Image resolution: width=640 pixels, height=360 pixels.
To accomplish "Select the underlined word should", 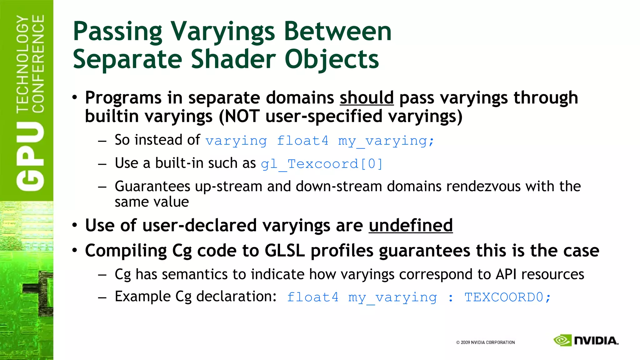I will (367, 98).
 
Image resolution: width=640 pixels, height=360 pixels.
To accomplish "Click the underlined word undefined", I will (410, 226).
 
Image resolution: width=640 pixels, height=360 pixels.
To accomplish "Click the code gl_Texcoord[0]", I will (322, 164).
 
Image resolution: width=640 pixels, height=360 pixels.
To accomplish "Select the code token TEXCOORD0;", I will (507, 297).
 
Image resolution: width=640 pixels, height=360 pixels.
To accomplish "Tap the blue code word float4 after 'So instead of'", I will (302, 141).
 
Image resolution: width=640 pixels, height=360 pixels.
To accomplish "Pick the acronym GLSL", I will (284, 251).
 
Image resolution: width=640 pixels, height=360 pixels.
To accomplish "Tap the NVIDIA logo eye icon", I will (562, 340).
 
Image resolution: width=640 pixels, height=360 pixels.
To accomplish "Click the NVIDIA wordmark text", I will (596, 341).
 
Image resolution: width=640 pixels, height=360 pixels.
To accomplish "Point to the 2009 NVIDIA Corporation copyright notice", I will (485, 342).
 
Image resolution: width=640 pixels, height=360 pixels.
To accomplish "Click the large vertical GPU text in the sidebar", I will (30, 156).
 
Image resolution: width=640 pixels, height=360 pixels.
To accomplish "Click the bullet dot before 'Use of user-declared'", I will (74, 225).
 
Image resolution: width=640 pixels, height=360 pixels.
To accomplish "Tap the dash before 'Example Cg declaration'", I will (102, 297).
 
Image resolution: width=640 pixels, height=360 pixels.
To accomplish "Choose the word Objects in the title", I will (332, 59).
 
